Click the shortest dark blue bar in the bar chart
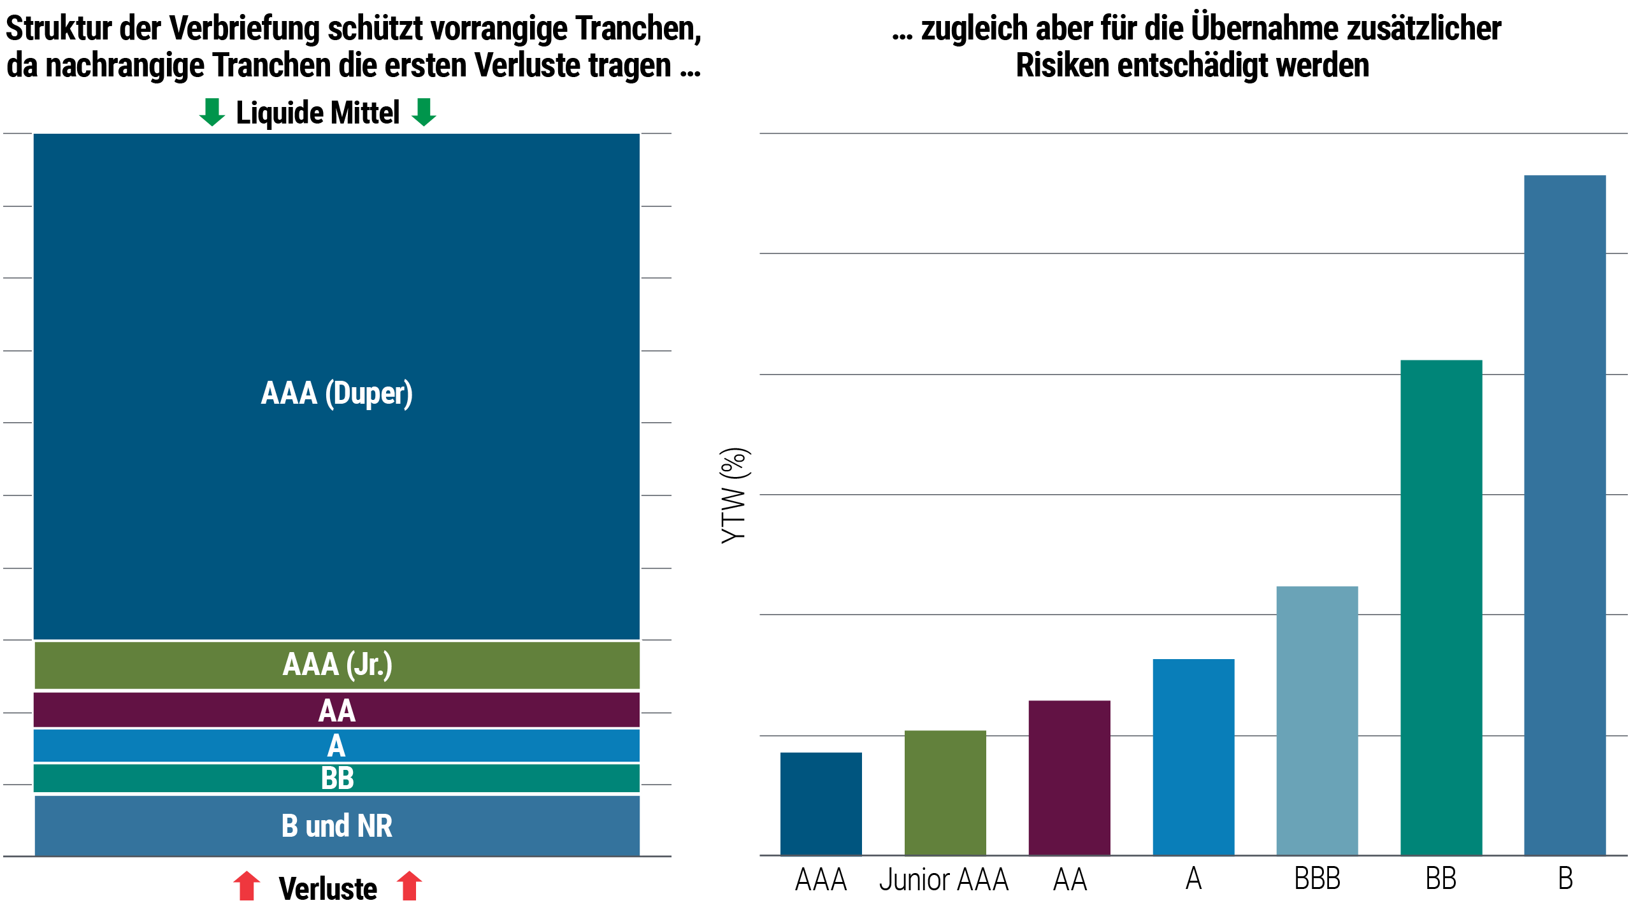842,804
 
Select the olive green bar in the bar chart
966,793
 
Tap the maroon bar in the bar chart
1090,778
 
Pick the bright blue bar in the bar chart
1214,757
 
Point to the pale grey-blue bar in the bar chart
1338,720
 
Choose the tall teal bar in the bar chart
1462,608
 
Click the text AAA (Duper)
336,393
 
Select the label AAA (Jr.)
337,665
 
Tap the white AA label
336,711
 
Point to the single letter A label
336,746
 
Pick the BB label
337,778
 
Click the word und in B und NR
327,826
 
